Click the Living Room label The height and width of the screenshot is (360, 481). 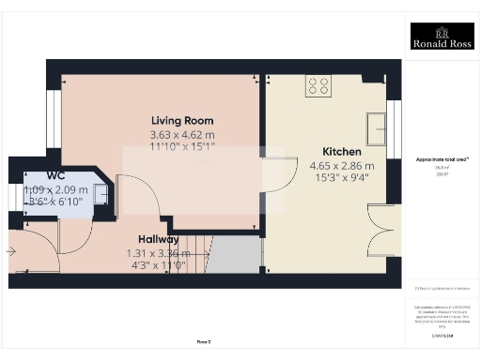pos(182,120)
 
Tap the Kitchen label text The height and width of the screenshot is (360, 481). pos(340,151)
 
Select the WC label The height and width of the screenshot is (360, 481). pos(30,174)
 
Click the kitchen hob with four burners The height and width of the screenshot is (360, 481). pos(318,86)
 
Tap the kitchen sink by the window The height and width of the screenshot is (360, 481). pos(379,125)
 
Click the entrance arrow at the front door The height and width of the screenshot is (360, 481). pos(10,250)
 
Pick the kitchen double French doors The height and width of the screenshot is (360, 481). pos(382,232)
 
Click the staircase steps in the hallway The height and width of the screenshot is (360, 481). pos(192,253)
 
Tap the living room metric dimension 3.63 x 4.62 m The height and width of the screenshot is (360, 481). pos(182,134)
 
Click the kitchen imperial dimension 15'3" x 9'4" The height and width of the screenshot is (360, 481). pos(339,178)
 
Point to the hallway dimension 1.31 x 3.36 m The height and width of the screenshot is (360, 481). pos(158,253)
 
